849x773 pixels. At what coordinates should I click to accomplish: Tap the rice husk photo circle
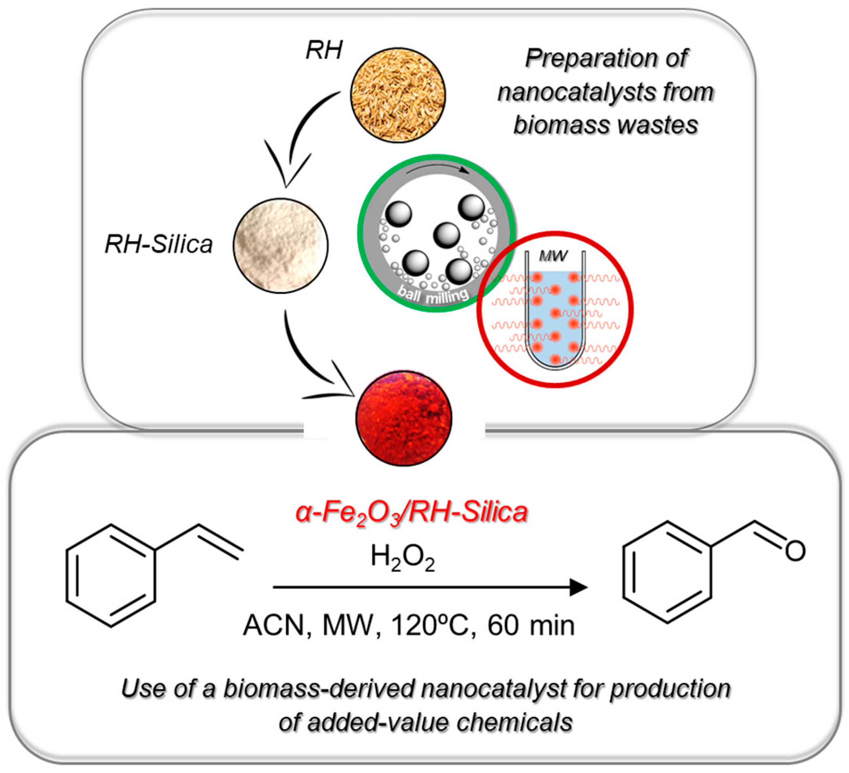pyautogui.click(x=398, y=94)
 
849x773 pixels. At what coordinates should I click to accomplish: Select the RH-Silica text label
pyautogui.click(x=158, y=244)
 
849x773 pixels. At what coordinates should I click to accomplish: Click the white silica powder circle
pyautogui.click(x=281, y=245)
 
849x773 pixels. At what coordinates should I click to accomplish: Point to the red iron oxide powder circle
pyautogui.click(x=404, y=418)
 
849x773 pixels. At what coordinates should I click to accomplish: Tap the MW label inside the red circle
pyautogui.click(x=553, y=256)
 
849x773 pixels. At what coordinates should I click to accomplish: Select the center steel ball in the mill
pyautogui.click(x=446, y=235)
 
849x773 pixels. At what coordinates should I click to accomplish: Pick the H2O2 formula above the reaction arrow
pyautogui.click(x=402, y=557)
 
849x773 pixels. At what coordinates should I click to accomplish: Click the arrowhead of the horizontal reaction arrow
pyautogui.click(x=578, y=587)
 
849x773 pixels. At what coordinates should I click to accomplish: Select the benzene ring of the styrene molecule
pyautogui.click(x=111, y=576)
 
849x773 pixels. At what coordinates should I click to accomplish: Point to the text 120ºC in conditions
pyautogui.click(x=429, y=625)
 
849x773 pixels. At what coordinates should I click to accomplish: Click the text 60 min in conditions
pyautogui.click(x=531, y=625)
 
